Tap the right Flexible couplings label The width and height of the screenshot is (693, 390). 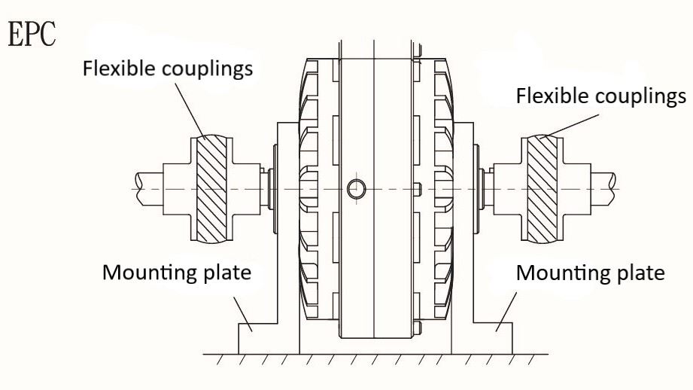pyautogui.click(x=600, y=96)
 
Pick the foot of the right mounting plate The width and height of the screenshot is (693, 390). pyautogui.click(x=497, y=338)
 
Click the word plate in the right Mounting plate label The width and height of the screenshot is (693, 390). pyautogui.click(x=640, y=272)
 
